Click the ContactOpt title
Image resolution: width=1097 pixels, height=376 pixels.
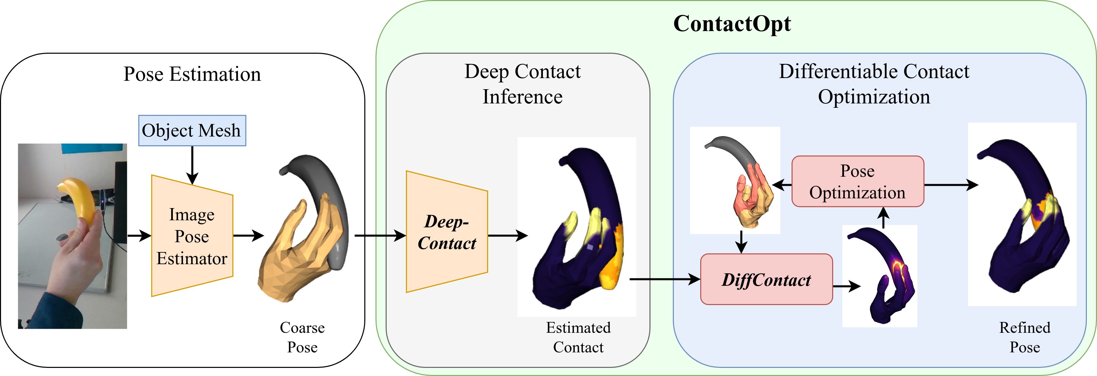732,24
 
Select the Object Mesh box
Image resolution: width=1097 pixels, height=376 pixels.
192,131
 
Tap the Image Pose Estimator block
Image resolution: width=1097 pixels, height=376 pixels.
192,236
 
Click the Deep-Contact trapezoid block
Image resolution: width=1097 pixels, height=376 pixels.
447,232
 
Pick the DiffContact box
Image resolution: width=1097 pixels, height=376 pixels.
766,279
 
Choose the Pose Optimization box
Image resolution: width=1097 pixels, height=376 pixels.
857,182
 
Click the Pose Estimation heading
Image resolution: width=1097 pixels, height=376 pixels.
192,74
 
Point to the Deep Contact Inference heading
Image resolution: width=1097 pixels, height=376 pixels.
523,84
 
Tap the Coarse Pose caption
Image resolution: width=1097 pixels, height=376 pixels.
302,337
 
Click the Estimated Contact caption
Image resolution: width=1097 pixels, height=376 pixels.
578,337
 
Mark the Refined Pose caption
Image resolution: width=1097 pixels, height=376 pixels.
1025,337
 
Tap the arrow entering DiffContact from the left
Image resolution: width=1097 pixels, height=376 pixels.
664,279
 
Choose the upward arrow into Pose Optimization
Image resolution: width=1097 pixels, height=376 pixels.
884,217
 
